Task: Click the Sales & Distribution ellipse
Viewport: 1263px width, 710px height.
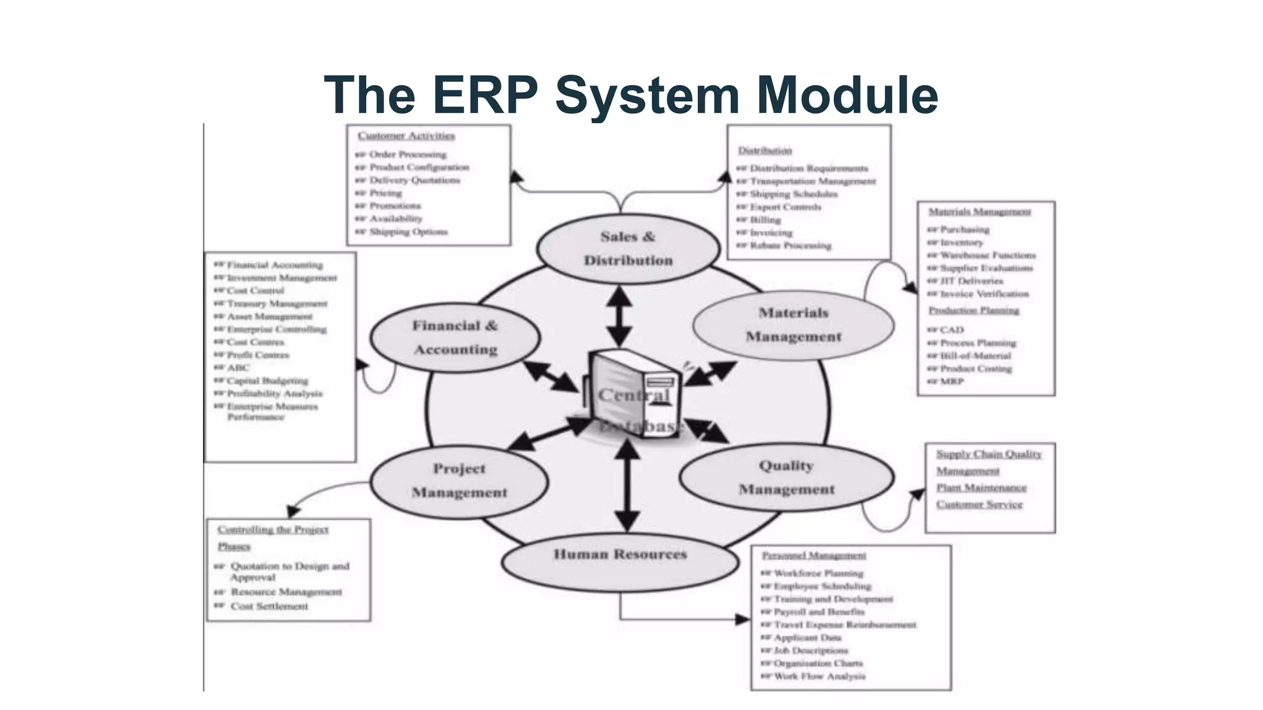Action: coord(628,248)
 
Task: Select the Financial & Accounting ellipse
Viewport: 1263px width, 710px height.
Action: coord(455,337)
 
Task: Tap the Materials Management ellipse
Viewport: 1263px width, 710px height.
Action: coord(793,325)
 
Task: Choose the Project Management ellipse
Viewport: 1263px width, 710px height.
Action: coord(459,481)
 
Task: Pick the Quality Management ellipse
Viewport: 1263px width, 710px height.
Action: coord(786,478)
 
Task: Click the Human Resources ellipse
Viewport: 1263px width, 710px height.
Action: coord(620,555)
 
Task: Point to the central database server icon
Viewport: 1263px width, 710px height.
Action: coord(632,394)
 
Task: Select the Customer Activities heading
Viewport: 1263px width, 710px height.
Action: coord(406,136)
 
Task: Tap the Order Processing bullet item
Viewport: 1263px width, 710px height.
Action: coord(407,154)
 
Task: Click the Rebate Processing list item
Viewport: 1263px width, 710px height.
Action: coord(790,245)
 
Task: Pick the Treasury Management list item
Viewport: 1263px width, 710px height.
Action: coord(276,303)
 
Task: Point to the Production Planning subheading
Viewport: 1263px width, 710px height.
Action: coord(974,310)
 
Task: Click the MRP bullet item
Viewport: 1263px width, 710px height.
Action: coord(951,382)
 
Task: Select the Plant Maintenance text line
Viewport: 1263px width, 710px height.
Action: coord(981,488)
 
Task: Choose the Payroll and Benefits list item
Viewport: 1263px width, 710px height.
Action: coord(819,611)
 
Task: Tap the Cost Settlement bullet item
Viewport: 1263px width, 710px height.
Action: coord(269,606)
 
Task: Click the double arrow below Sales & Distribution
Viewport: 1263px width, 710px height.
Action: coord(619,316)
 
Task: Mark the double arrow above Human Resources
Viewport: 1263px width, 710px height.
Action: coord(627,486)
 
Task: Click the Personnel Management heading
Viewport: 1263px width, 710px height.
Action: coord(814,555)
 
